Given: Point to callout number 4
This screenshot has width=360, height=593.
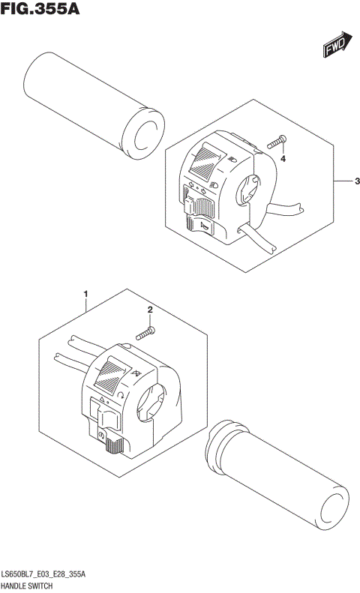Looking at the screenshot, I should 283,158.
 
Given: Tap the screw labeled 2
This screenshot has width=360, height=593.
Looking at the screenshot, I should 145,331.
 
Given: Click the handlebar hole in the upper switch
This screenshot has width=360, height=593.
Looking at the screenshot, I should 248,188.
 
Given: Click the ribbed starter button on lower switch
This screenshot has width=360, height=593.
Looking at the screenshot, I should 114,445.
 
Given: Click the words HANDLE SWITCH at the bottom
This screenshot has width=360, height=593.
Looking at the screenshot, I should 32,586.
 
